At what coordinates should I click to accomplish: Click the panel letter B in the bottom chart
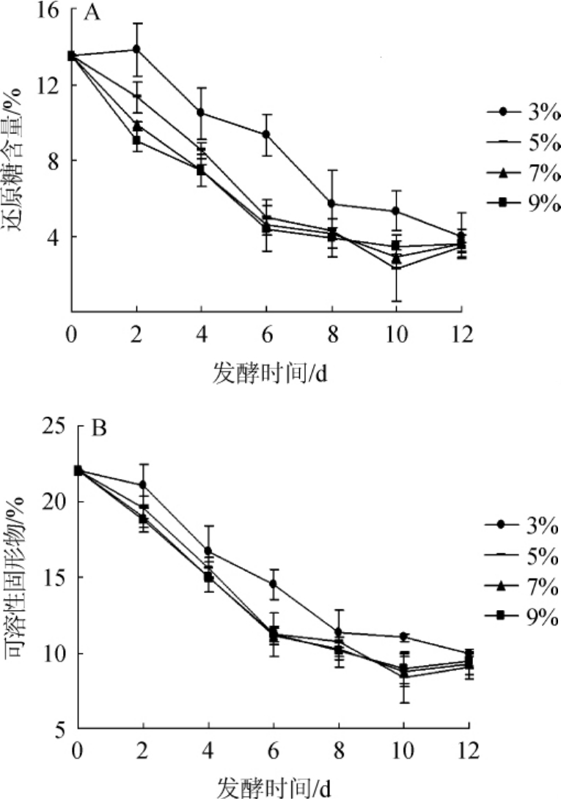(99, 428)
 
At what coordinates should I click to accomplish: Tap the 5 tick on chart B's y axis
(62, 729)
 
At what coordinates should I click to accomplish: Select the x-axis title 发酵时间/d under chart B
(273, 787)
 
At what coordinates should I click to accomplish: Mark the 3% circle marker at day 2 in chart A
(136, 49)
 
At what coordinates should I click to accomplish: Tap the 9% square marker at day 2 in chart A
(136, 140)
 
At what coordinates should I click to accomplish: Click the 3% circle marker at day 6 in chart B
(274, 584)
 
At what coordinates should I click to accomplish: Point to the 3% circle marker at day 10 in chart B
(404, 636)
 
